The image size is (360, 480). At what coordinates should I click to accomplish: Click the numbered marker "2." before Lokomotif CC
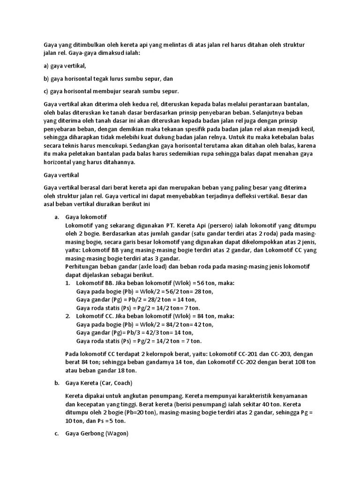pos(67,316)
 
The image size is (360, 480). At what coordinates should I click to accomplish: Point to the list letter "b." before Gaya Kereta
pos(57,382)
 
